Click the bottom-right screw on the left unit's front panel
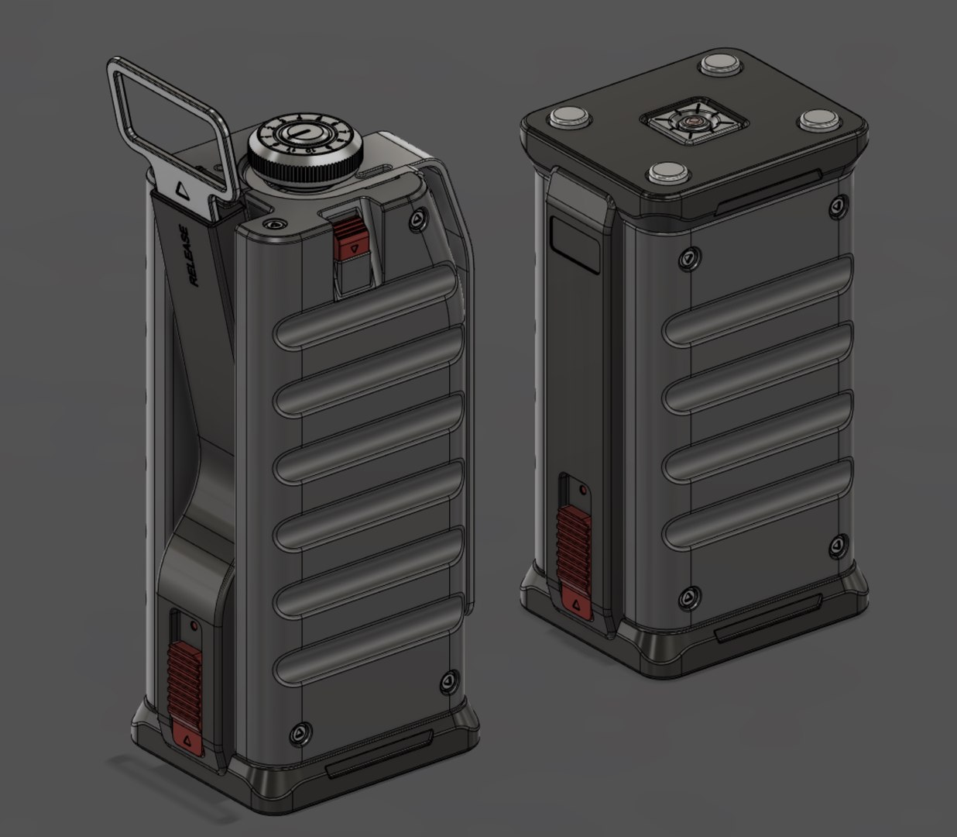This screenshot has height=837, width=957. click(448, 681)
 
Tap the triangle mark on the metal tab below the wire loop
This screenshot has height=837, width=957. click(183, 188)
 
